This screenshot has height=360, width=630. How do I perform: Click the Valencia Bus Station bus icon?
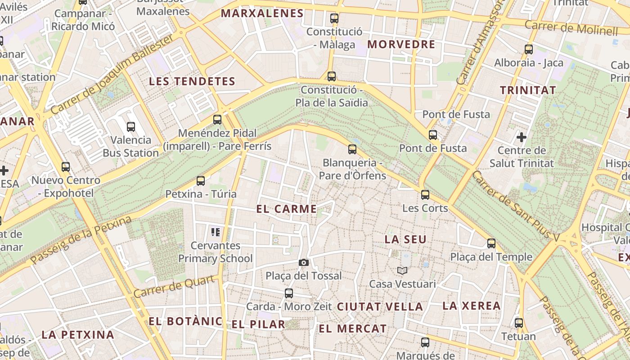click(x=131, y=127)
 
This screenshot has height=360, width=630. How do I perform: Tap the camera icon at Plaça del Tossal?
click(x=304, y=262)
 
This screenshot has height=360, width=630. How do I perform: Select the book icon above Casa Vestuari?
click(x=402, y=270)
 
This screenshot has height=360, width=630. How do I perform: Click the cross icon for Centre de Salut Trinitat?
click(x=522, y=136)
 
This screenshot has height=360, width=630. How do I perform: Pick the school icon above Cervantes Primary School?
click(x=216, y=232)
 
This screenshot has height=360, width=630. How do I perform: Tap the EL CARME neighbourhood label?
click(x=287, y=209)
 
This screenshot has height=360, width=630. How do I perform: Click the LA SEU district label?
click(x=405, y=239)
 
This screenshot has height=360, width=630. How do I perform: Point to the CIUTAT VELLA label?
click(x=380, y=307)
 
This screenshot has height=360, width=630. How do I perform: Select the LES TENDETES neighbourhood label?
click(x=192, y=81)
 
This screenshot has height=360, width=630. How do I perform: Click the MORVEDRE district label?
click(x=401, y=44)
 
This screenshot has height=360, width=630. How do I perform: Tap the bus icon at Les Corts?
click(x=425, y=195)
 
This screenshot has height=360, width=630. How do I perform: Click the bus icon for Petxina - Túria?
click(x=201, y=181)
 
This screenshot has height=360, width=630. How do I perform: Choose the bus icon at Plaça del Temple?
click(x=491, y=243)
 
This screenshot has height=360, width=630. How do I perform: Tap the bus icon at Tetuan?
click(x=519, y=323)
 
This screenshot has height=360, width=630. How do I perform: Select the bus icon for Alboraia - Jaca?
click(x=529, y=49)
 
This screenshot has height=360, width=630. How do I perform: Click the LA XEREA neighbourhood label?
click(x=472, y=306)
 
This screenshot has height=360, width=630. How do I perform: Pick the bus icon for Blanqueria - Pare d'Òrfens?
click(x=352, y=149)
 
